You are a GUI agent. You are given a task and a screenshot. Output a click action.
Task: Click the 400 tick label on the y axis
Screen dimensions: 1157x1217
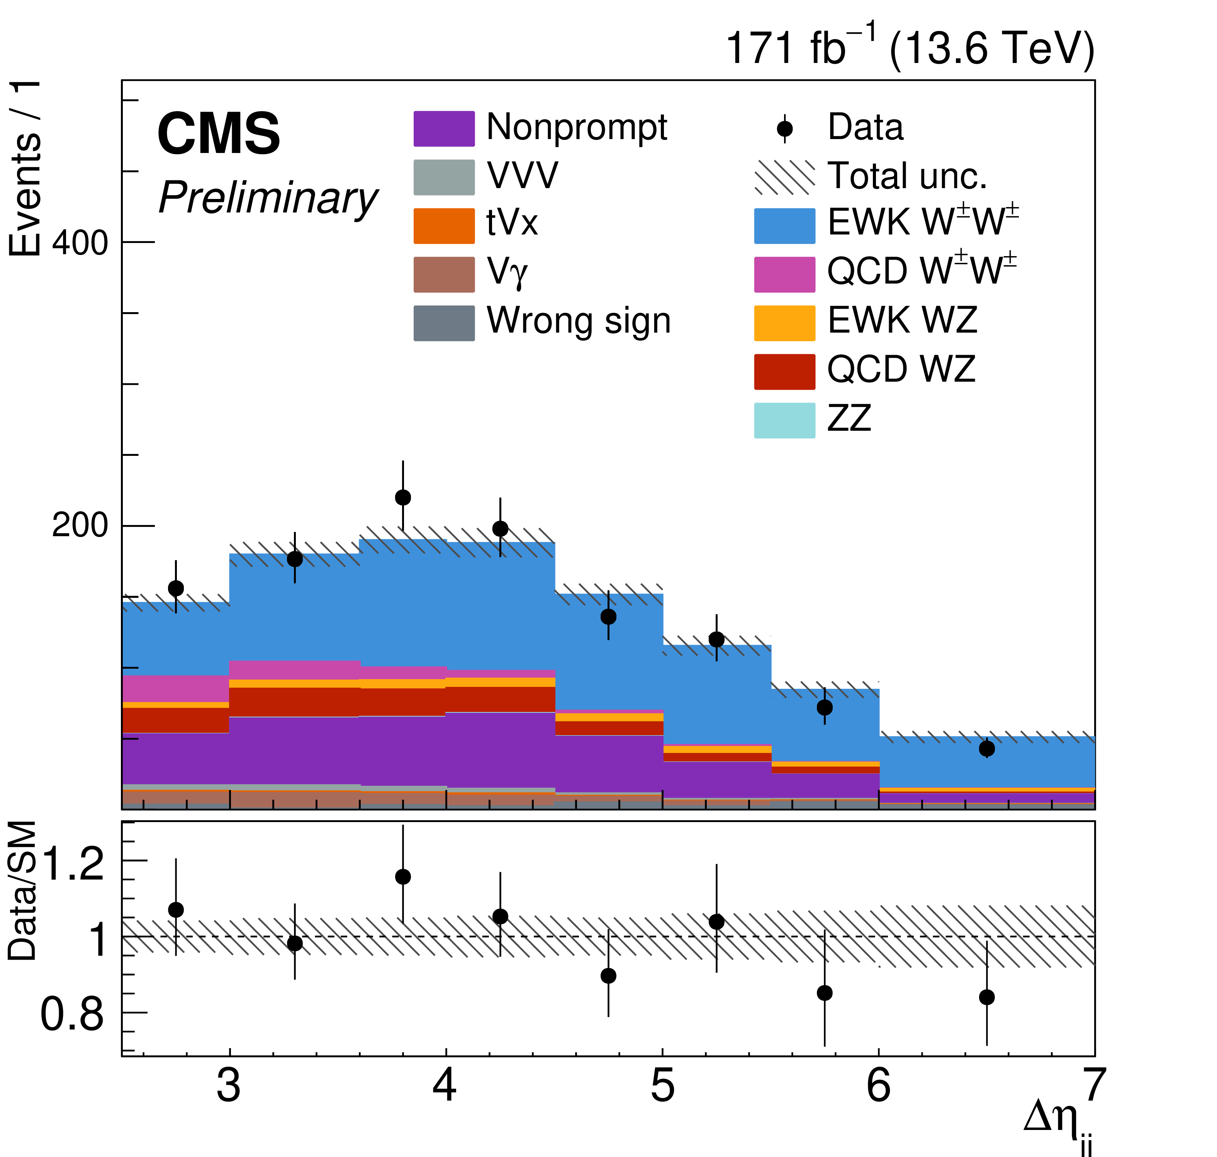click(80, 243)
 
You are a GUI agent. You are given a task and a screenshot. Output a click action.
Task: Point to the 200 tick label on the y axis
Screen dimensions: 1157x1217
click(80, 526)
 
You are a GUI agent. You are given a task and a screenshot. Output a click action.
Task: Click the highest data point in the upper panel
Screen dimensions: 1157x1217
click(402, 497)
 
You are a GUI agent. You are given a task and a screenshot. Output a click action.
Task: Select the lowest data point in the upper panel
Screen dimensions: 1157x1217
click(986, 749)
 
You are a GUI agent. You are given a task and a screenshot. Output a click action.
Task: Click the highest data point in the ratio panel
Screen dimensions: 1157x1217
click(402, 877)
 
